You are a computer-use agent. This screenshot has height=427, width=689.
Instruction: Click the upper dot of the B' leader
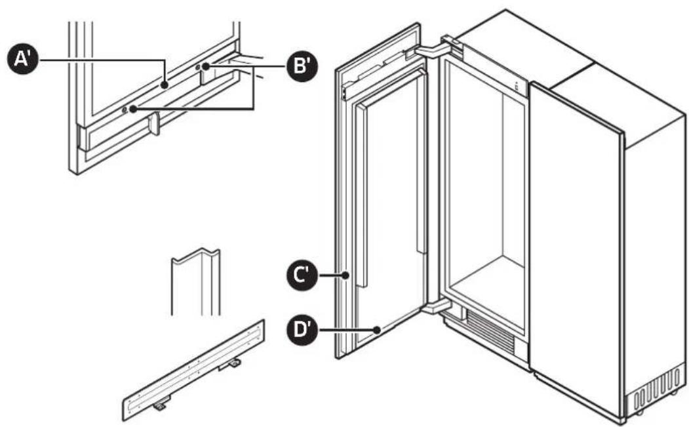click(206, 67)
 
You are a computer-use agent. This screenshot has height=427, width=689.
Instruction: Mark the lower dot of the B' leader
click(134, 109)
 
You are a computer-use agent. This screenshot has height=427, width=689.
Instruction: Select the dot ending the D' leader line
click(378, 330)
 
